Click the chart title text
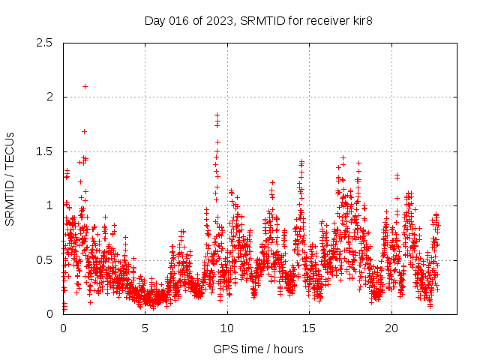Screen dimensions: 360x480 [259, 20]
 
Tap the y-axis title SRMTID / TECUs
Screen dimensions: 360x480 [10, 178]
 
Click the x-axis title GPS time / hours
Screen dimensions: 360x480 [259, 349]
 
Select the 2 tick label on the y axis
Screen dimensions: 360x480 [49, 97]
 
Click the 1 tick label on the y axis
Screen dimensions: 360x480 [49, 205]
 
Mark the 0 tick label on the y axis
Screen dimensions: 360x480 [49, 314]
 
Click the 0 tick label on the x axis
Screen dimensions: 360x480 [63, 328]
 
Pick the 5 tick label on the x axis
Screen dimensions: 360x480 [145, 328]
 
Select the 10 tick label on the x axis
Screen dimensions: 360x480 [227, 328]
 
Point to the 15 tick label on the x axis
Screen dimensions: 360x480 [310, 328]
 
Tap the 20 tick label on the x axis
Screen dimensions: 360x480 [391, 328]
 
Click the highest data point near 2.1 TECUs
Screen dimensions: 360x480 [85, 86]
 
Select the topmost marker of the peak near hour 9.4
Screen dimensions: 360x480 [217, 115]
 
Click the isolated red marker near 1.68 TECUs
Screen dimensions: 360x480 [84, 131]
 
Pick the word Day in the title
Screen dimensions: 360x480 [154, 20]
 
